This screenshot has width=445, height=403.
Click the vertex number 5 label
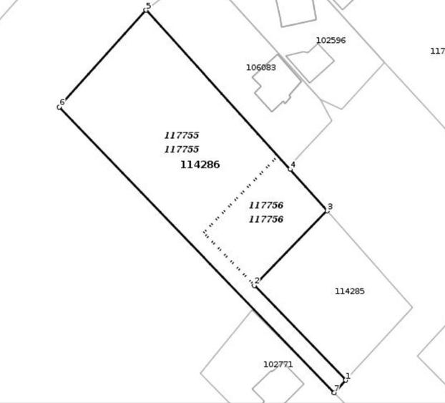pos(148,6)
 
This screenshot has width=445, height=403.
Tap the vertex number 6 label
pos(62,102)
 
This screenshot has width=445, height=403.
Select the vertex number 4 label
pos(293,165)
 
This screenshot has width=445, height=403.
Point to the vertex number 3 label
pos(330,206)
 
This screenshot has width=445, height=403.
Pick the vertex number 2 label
pos(257,281)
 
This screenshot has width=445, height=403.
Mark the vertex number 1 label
pos(348,376)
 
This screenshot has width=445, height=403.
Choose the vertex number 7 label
pos(336,388)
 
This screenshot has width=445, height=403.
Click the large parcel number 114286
pos(200,165)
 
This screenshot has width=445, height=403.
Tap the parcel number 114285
pos(350,291)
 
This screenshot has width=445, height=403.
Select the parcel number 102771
pos(278,364)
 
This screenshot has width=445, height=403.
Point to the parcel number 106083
pos(261,67)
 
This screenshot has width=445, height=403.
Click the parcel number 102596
pos(331,40)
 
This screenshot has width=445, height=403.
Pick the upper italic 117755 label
pos(182,135)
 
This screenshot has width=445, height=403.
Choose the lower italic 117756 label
pos(266,219)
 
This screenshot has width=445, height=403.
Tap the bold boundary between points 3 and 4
pos(308,190)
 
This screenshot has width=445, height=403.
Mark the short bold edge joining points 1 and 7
pos(340,387)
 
